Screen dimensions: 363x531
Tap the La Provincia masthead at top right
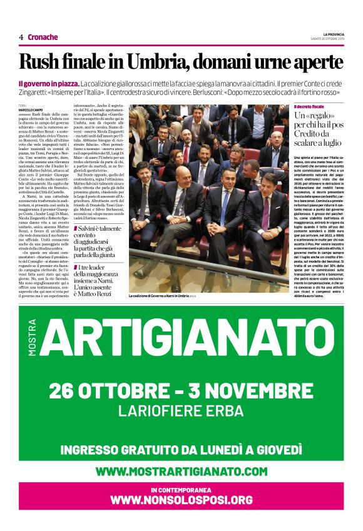[339, 34]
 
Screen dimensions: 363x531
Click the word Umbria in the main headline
[152, 62]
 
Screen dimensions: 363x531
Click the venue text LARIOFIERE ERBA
[181, 412]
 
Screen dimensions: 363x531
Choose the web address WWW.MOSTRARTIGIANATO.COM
[181, 471]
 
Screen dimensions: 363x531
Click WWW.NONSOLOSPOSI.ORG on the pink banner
[181, 500]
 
